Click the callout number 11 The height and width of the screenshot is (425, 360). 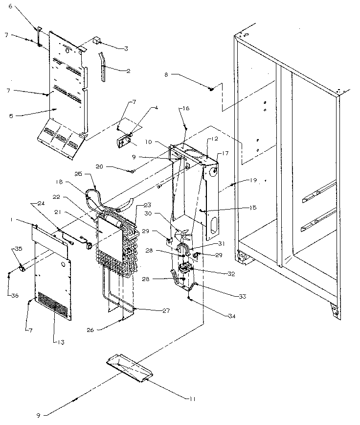click(192, 399)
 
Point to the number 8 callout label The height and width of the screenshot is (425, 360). click(166, 75)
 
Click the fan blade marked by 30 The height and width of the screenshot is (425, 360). click(183, 236)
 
